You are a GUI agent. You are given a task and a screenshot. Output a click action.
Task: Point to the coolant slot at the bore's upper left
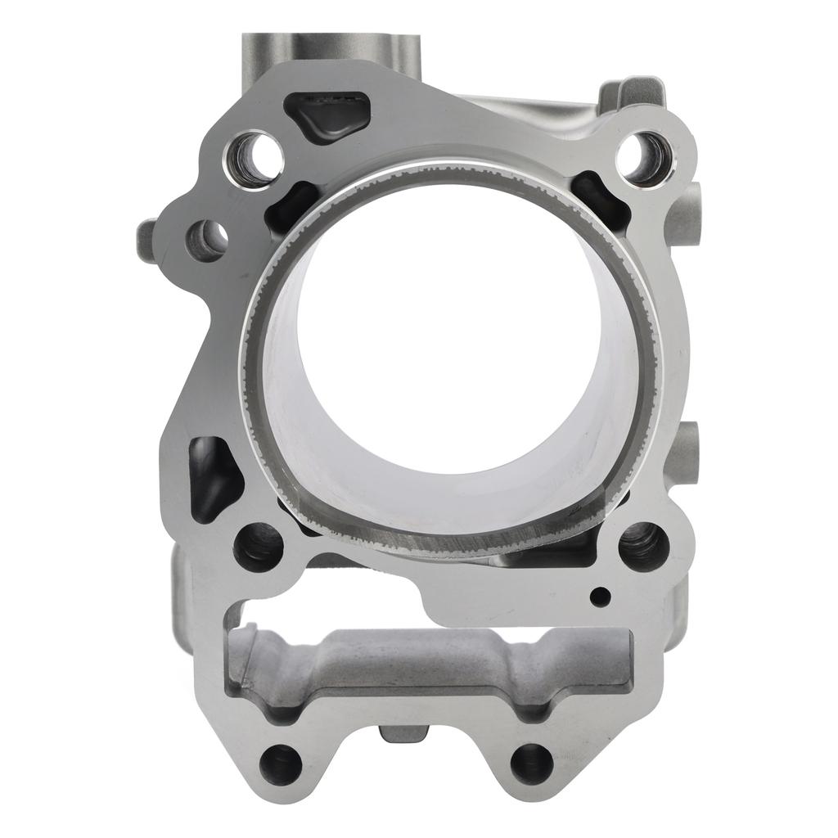click(x=291, y=205)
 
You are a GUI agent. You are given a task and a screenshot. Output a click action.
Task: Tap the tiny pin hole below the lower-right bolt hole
click(x=601, y=595)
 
